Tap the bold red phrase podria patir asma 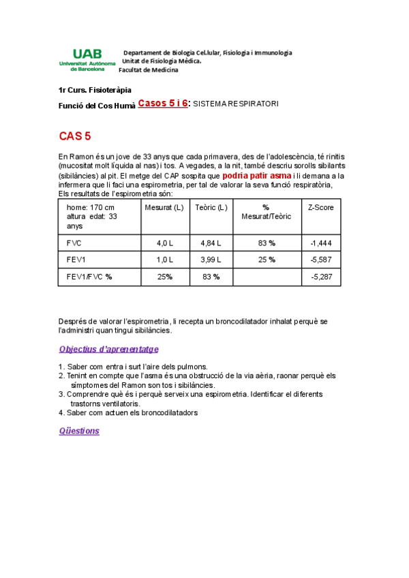point(252,174)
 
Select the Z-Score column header point(320,207)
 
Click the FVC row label point(74,243)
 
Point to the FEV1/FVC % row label point(89,277)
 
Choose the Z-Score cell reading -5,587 point(320,260)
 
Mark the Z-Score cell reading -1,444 point(320,243)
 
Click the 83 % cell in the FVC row point(267,243)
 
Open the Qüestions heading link point(79,431)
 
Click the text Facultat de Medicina point(149,70)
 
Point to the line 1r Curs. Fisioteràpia point(95,90)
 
